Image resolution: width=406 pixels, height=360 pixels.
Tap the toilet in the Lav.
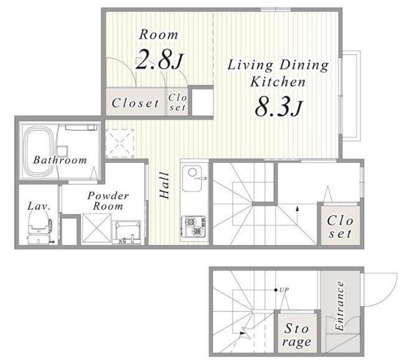click(x=39, y=226)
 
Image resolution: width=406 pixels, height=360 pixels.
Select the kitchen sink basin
click(x=192, y=178)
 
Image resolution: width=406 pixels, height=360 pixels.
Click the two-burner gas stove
click(x=194, y=226)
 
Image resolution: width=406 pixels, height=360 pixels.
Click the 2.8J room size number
click(x=159, y=60)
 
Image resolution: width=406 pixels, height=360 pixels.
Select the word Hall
click(x=164, y=186)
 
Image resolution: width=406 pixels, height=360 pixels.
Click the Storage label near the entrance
click(x=296, y=335)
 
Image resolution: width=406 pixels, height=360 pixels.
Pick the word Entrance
click(x=339, y=306)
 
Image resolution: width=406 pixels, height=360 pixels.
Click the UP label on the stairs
click(x=284, y=290)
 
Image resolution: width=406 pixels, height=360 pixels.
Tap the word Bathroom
click(x=60, y=160)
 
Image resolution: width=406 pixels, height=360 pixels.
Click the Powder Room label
click(x=108, y=201)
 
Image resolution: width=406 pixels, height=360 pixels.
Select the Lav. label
click(x=39, y=206)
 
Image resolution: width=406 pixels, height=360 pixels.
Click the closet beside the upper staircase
click(x=341, y=225)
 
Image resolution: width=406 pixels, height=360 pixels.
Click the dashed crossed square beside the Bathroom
click(x=120, y=143)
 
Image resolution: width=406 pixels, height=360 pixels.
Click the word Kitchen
click(x=278, y=82)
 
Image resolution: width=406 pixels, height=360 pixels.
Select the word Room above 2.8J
click(x=159, y=35)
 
